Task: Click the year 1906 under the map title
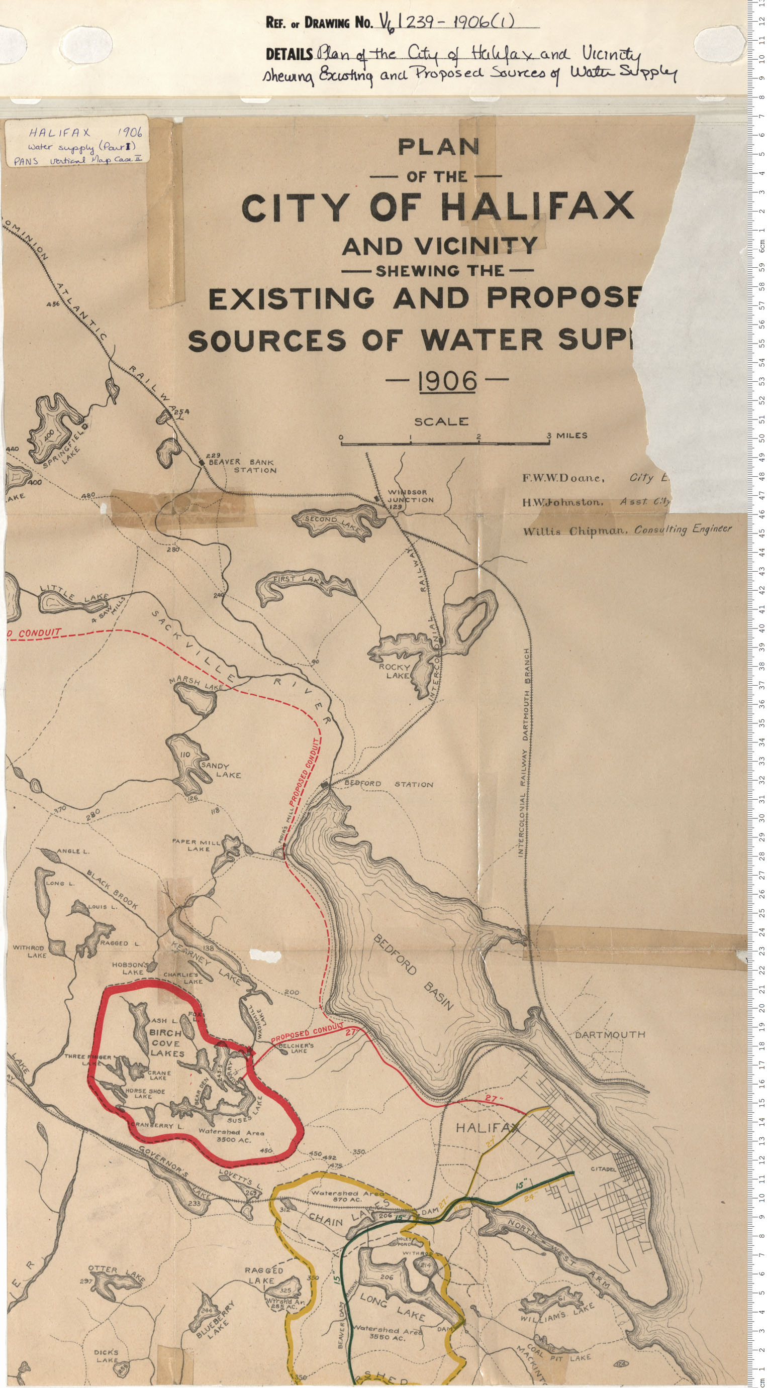click(x=447, y=381)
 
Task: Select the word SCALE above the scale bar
click(x=441, y=421)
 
